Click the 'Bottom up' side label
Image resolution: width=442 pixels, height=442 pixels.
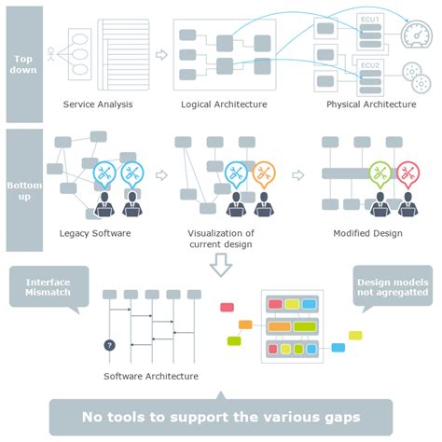point(24,189)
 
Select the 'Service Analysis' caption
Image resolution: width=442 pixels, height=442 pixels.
point(98,104)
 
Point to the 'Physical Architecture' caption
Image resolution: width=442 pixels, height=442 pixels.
point(371,104)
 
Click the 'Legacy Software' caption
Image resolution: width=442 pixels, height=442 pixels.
point(95,233)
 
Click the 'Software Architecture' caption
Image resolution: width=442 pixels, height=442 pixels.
point(151,376)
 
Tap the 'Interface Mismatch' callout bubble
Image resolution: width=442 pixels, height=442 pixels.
point(48,286)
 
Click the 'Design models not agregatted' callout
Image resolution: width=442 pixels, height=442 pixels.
point(392,285)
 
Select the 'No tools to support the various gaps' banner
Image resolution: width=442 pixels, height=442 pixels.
point(221,417)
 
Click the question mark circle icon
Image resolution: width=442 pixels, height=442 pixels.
point(109,345)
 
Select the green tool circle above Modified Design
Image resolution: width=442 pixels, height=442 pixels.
point(380,173)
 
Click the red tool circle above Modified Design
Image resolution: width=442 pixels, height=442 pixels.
point(407,173)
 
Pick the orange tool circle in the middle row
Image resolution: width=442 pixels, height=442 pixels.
point(264,173)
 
